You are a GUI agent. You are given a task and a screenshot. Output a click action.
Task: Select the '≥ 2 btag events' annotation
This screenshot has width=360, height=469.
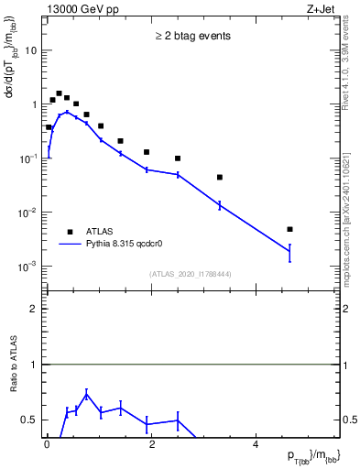(191, 37)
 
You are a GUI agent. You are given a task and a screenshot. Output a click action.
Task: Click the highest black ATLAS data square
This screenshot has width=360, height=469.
(59, 93)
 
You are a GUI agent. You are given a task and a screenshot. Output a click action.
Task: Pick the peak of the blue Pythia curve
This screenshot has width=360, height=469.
(67, 113)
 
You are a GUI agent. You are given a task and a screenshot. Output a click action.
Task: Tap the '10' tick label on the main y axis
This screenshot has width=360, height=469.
(31, 50)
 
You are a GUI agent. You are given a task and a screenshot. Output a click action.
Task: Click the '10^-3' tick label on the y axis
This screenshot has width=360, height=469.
(29, 267)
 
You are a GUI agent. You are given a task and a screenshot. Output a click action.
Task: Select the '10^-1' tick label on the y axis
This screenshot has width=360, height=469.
(29, 158)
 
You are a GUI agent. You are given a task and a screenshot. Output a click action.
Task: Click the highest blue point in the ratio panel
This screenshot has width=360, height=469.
(85, 395)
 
